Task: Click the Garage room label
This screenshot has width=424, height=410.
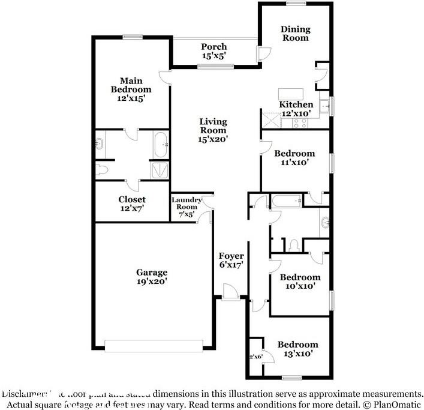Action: pyautogui.click(x=151, y=272)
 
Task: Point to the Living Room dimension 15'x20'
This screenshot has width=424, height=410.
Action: pyautogui.click(x=213, y=139)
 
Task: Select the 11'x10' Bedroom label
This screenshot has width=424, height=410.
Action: pyautogui.click(x=294, y=154)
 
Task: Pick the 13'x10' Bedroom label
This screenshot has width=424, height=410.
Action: pyautogui.click(x=297, y=345)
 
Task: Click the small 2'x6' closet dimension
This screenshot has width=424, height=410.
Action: pyautogui.click(x=257, y=357)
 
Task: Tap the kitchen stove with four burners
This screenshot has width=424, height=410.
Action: pyautogui.click(x=299, y=123)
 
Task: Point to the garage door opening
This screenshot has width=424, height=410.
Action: pyautogui.click(x=154, y=345)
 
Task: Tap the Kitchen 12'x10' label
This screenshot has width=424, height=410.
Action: pyautogui.click(x=296, y=109)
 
